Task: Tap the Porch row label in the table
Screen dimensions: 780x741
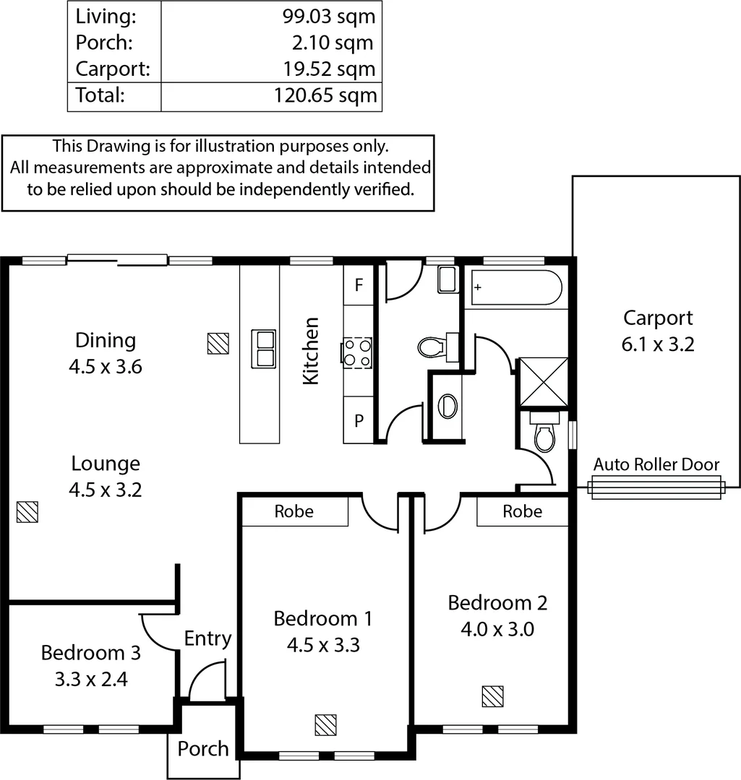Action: [104, 43]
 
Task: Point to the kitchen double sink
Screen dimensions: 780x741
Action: [263, 348]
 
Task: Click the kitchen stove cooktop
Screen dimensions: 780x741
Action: [357, 352]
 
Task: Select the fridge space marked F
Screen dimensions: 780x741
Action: [358, 285]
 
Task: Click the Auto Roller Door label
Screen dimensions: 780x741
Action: [656, 464]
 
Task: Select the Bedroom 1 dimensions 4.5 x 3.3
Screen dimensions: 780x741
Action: [323, 644]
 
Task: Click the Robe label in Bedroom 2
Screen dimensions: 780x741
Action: [522, 511]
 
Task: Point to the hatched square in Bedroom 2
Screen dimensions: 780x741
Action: [493, 696]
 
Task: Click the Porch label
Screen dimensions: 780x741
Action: [203, 749]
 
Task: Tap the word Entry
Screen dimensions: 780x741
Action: [207, 638]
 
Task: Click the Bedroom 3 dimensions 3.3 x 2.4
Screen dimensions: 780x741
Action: [91, 679]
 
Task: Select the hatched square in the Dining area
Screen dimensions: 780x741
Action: [218, 343]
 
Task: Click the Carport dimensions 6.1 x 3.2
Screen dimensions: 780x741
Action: [658, 344]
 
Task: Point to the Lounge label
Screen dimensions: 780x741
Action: [106, 463]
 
